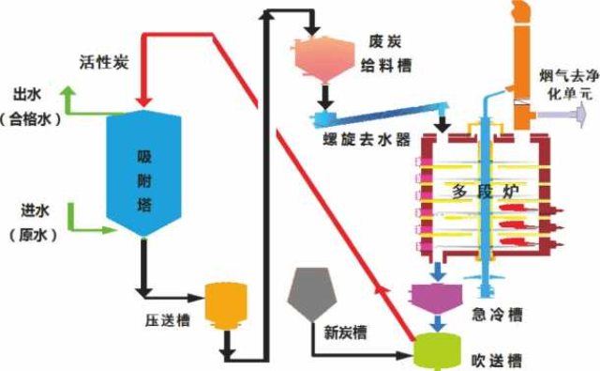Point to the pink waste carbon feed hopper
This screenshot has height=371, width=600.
(322, 57)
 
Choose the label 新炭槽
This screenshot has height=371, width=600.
(346, 331)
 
